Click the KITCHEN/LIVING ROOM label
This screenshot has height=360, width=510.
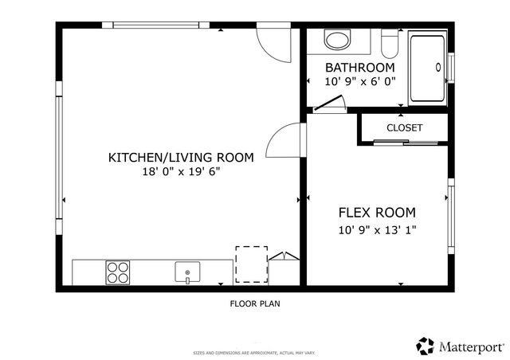point(181,158)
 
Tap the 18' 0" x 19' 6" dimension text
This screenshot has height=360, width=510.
point(181,172)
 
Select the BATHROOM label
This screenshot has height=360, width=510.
point(359,68)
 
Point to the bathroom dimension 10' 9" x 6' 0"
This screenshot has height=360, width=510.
point(359,81)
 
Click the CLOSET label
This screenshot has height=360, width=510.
point(404,127)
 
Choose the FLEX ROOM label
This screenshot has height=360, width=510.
point(377,213)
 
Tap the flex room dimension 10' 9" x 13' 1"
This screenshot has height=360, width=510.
point(377,230)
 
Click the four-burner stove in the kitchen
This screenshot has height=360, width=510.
point(118,272)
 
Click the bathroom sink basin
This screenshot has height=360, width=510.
point(338,40)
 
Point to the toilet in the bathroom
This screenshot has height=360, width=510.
point(390,40)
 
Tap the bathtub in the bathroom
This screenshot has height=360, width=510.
point(428,68)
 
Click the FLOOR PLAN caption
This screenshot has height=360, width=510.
point(254,303)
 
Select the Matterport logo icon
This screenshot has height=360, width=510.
point(426,346)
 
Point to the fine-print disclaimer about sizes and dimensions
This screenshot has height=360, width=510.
point(254,352)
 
